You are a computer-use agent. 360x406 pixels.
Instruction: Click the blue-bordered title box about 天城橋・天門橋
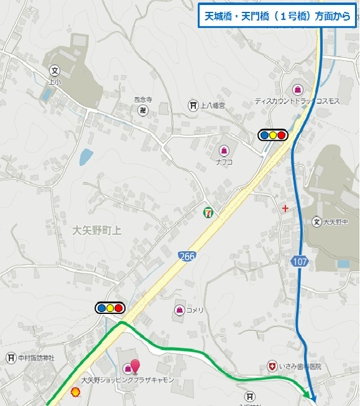click(277, 17)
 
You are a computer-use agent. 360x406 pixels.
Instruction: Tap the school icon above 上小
click(54, 71)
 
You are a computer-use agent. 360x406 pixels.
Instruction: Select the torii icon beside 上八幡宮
click(193, 105)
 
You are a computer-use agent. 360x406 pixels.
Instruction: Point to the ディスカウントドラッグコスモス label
click(297, 101)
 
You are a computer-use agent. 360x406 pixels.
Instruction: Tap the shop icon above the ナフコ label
click(224, 150)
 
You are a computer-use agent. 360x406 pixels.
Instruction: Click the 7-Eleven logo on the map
click(207, 213)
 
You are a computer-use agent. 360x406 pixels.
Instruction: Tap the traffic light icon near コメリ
click(110, 308)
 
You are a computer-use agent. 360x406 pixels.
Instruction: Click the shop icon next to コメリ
click(180, 310)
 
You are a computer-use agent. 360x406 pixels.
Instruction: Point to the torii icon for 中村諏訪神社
click(11, 358)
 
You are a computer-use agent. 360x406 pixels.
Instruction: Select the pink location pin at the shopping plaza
click(135, 365)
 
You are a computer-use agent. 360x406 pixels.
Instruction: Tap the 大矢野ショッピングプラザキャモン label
click(127, 380)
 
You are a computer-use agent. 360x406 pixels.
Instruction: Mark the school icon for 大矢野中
click(317, 221)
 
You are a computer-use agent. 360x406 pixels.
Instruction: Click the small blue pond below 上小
click(86, 157)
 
